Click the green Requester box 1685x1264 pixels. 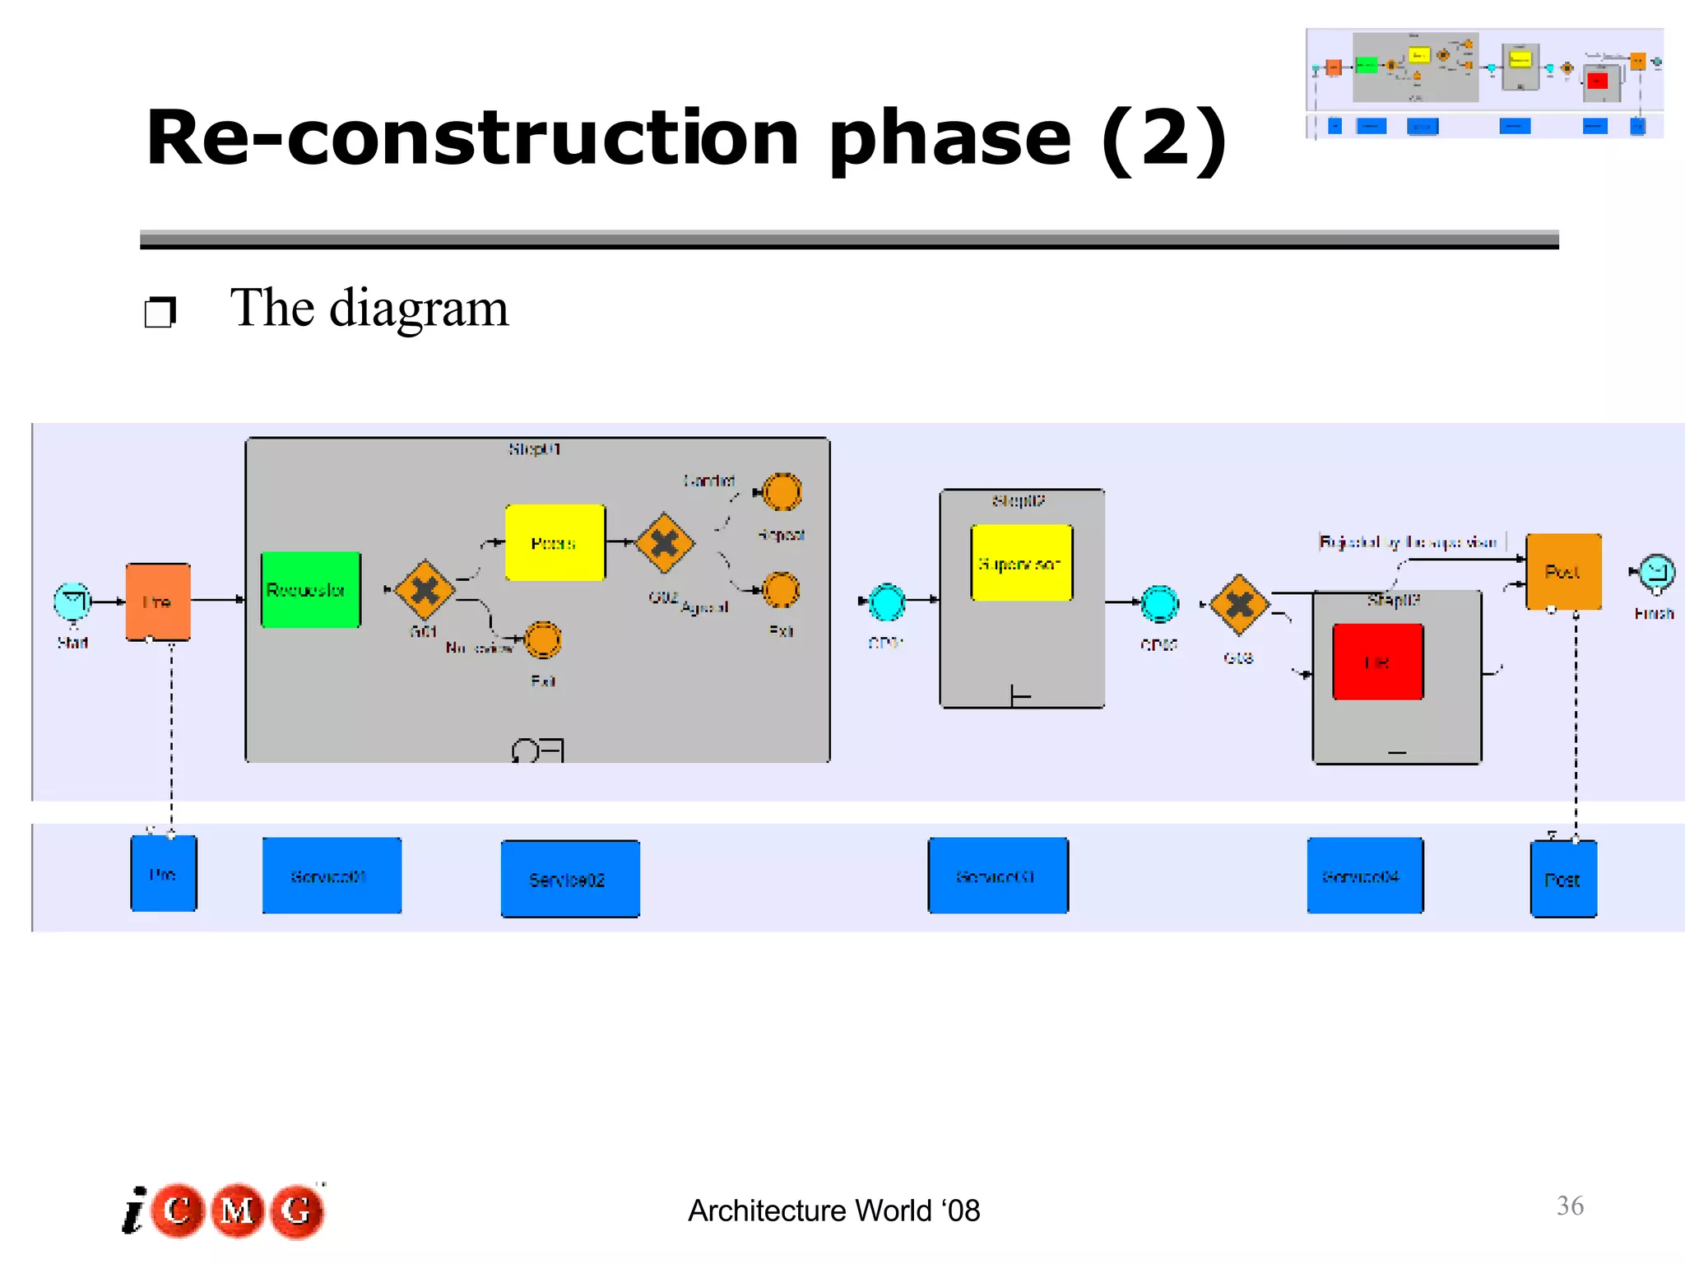tap(311, 590)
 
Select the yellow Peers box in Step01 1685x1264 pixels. tap(555, 543)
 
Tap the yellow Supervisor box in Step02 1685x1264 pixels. tap(1022, 563)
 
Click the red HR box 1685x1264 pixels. tap(1378, 662)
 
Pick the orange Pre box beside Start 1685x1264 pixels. tap(158, 602)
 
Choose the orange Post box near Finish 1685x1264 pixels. tap(1563, 571)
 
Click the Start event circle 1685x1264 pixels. tap(72, 602)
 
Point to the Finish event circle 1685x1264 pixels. tap(1656, 572)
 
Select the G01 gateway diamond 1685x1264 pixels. tap(425, 590)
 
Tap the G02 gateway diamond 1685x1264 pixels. tap(665, 543)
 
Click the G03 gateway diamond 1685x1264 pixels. tap(1239, 605)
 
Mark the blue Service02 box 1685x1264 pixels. tap(570, 879)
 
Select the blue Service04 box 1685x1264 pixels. tap(1365, 876)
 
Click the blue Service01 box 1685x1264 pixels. tap(332, 876)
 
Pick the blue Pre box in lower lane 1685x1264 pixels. tap(164, 873)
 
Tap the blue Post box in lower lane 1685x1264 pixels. tap(1563, 879)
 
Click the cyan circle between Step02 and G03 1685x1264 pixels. tap(1159, 603)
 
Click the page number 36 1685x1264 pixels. tap(1570, 1206)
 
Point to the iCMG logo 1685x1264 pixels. tap(224, 1211)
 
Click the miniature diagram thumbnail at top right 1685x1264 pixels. tap(1484, 83)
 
